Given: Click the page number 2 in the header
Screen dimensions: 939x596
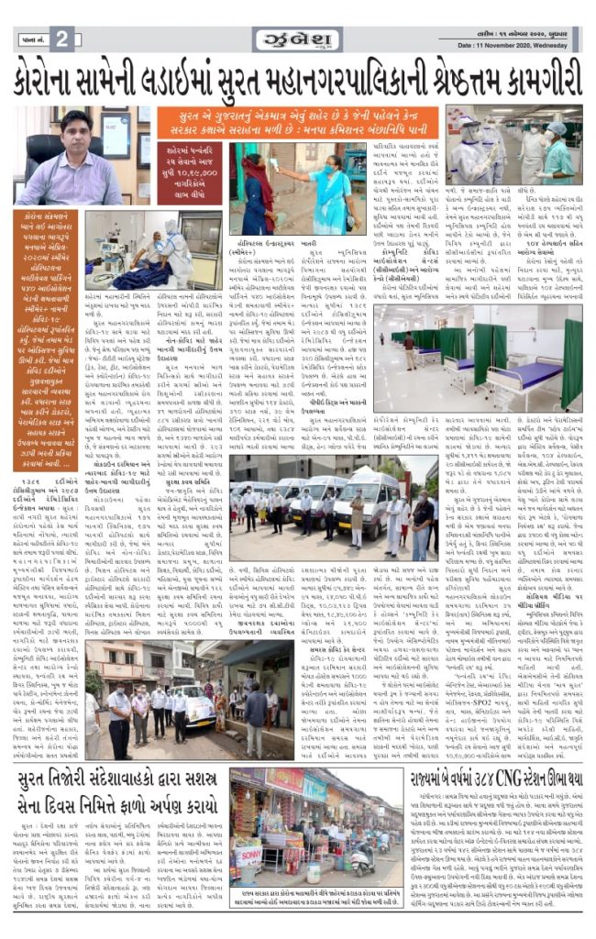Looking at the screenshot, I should pos(61,39).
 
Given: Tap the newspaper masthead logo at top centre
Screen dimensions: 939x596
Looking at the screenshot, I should pos(298,39).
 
